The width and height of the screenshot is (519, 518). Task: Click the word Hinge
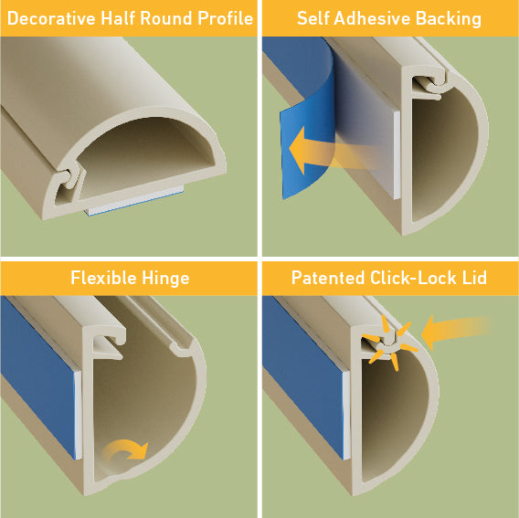[165, 278]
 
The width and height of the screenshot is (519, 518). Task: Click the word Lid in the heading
[474, 277]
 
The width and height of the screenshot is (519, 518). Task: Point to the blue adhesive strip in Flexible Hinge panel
[37, 375]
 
